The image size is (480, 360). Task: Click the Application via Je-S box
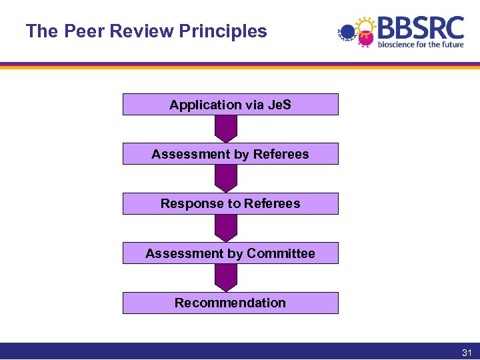tap(230, 105)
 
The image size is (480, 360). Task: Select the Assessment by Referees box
tap(230, 154)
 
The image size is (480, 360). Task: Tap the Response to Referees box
tap(230, 203)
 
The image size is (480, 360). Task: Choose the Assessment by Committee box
tap(230, 253)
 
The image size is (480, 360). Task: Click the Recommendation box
tap(230, 303)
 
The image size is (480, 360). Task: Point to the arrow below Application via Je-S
tap(226, 129)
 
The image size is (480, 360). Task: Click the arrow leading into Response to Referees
tap(226, 178)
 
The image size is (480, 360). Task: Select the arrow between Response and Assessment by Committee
tap(226, 228)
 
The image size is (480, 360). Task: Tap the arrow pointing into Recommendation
tap(226, 277)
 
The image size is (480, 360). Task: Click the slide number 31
tap(467, 353)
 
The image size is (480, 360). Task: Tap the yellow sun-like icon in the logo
tap(365, 28)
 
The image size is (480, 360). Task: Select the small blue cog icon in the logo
tap(346, 32)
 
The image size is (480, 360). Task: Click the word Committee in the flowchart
tap(281, 253)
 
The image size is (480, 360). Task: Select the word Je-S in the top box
tap(279, 105)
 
